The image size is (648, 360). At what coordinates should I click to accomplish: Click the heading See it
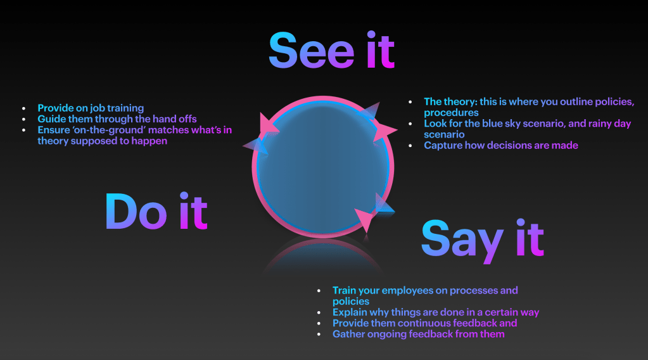331,50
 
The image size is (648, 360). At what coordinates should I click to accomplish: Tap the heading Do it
156,211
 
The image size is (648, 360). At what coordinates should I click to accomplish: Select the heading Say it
482,240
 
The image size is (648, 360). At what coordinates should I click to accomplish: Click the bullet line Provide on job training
91,108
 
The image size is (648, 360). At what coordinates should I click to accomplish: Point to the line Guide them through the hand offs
117,119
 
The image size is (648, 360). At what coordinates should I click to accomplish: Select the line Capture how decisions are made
501,146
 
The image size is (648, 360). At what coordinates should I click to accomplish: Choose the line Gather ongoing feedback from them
419,335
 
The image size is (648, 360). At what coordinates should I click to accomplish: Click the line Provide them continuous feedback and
425,323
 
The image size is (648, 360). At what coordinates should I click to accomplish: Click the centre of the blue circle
323,167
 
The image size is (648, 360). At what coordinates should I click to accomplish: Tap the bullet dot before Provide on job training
24,109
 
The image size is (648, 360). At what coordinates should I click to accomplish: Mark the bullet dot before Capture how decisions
410,146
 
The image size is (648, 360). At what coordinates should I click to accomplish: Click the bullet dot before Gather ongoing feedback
319,335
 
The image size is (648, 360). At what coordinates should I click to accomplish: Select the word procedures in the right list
451,113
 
